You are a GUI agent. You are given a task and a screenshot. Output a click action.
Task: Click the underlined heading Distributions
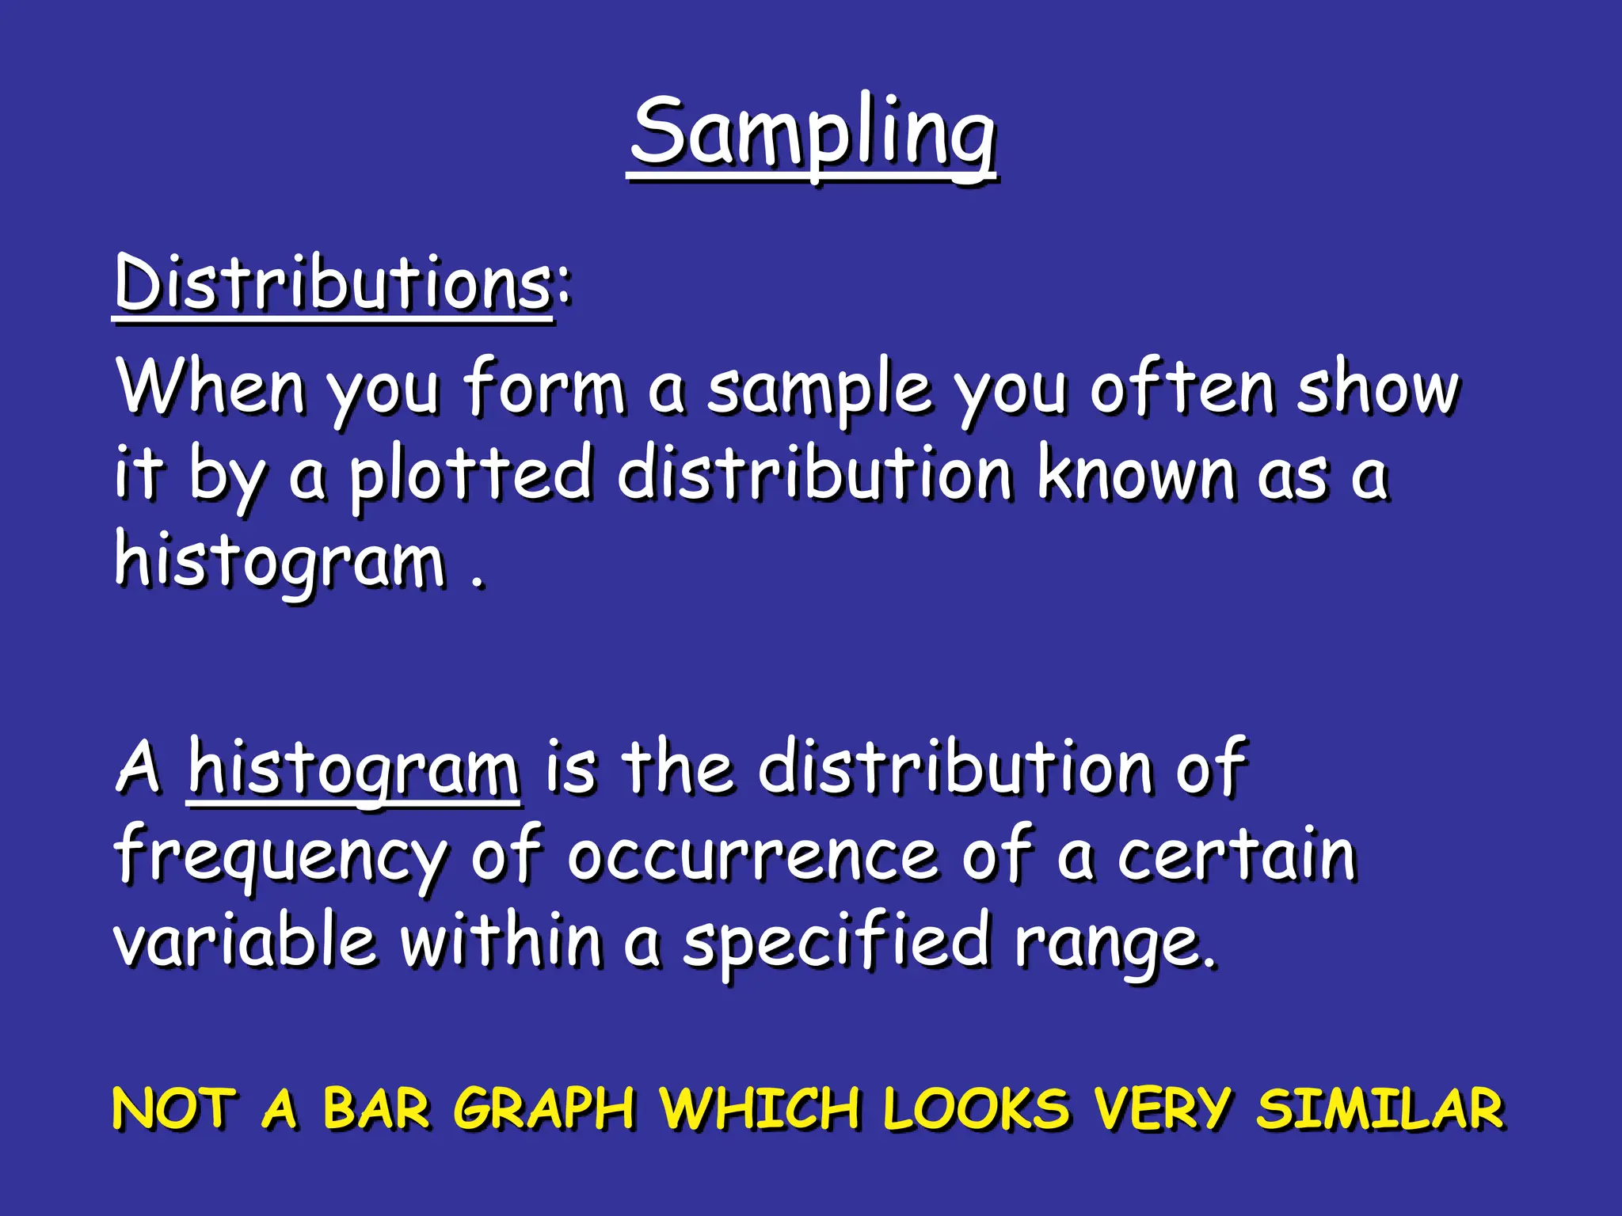click(333, 283)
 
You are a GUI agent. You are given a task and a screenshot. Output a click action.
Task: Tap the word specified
click(836, 942)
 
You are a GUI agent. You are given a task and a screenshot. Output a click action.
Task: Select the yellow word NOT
click(174, 1108)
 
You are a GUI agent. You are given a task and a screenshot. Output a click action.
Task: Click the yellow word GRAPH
click(545, 1108)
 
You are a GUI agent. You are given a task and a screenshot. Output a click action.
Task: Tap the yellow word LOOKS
click(976, 1108)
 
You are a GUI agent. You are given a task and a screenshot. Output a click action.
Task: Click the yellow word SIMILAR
click(1380, 1108)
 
